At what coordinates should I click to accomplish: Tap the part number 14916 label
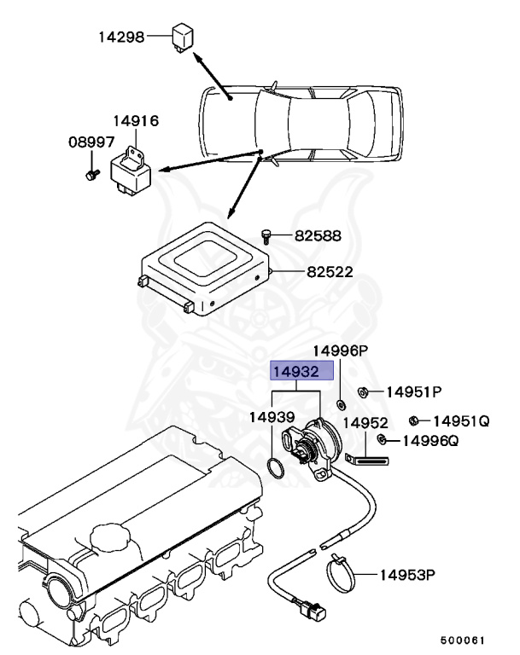click(x=137, y=122)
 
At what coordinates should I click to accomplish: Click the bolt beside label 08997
click(x=89, y=175)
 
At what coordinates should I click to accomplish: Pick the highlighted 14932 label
click(x=295, y=372)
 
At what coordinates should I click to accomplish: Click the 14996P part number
click(x=339, y=351)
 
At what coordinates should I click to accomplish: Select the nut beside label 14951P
click(x=362, y=392)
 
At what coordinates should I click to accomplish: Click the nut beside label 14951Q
click(x=413, y=420)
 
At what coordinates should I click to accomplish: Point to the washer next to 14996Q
click(x=382, y=440)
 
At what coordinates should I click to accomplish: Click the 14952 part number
click(x=365, y=422)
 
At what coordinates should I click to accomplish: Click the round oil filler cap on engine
click(x=109, y=538)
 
